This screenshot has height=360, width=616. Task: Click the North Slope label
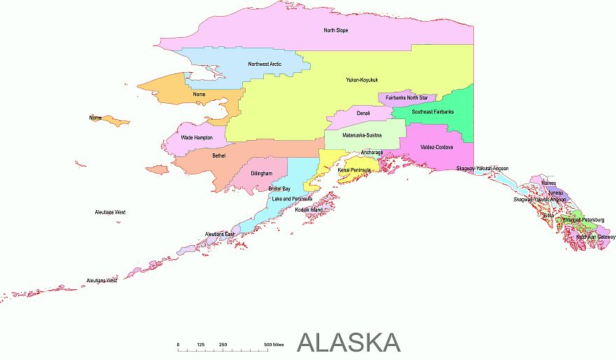335,30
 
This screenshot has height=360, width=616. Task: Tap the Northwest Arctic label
265,64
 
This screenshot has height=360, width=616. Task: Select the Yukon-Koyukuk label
362,80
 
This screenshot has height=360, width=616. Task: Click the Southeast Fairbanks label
433,112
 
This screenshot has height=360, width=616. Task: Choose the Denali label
363,113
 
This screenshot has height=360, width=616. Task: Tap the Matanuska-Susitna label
362,134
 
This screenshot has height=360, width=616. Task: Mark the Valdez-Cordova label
437,147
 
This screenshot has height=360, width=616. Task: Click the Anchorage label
372,153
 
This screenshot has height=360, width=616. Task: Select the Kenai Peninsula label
354,169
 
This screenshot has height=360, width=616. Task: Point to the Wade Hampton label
197,137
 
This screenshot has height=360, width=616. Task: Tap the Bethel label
218,155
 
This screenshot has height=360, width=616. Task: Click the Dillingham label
261,173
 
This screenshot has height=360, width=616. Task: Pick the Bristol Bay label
279,188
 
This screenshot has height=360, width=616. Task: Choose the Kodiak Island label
309,209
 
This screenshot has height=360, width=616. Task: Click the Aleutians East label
219,234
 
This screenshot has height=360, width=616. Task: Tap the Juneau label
555,192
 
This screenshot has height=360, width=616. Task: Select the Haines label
549,183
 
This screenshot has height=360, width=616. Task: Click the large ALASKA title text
349,342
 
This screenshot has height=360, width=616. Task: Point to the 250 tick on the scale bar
223,345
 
